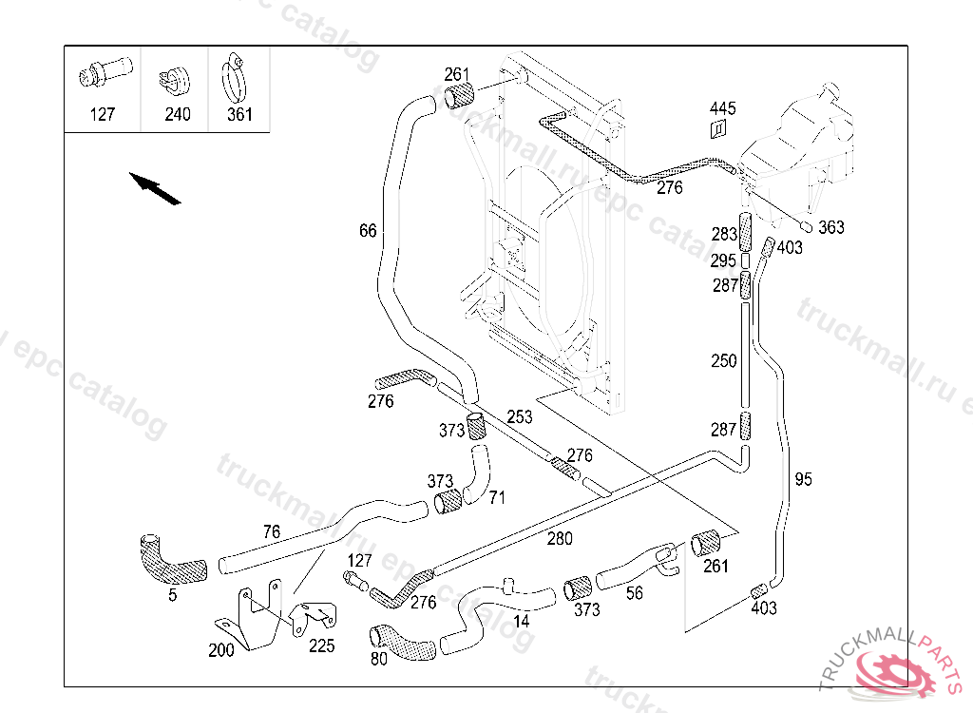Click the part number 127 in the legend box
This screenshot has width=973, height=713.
(x=102, y=114)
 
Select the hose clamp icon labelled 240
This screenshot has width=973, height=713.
(x=175, y=80)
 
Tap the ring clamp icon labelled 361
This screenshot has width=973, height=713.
(x=235, y=80)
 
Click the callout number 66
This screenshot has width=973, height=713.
(x=368, y=230)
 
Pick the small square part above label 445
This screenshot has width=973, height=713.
(x=719, y=129)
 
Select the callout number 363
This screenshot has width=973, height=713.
(x=831, y=227)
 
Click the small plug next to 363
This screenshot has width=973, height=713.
(x=805, y=226)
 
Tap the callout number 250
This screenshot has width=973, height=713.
(x=724, y=360)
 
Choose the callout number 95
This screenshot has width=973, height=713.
(x=804, y=480)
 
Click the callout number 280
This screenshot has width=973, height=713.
(x=560, y=539)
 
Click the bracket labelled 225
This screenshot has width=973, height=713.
(x=314, y=618)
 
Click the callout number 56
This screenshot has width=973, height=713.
(x=634, y=592)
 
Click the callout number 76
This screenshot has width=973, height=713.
(x=271, y=530)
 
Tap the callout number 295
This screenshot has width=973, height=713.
(x=723, y=260)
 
